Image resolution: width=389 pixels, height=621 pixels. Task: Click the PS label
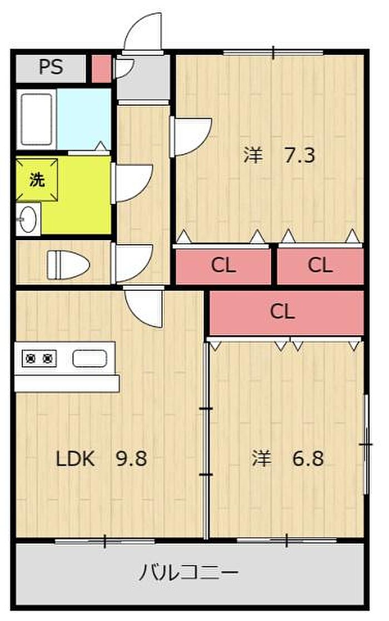[51, 67]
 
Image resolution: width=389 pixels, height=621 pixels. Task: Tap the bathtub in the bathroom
[36, 119]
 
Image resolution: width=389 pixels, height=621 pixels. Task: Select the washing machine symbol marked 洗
[37, 180]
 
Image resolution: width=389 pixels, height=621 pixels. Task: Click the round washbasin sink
[28, 219]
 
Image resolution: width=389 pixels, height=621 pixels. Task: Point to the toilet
[68, 264]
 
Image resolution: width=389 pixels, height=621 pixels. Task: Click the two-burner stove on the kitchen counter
[39, 359]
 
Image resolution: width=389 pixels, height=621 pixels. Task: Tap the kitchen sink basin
[89, 359]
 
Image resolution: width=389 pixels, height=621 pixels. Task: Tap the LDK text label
[75, 459]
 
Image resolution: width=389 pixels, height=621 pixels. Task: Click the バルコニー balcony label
[188, 573]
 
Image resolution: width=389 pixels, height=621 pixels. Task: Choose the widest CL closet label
[282, 311]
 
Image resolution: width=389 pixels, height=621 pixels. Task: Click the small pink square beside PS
[101, 69]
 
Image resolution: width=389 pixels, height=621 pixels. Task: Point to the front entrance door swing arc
[143, 32]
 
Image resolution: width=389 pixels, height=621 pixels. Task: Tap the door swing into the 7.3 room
[192, 136]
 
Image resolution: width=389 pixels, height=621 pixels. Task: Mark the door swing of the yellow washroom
[133, 183]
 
